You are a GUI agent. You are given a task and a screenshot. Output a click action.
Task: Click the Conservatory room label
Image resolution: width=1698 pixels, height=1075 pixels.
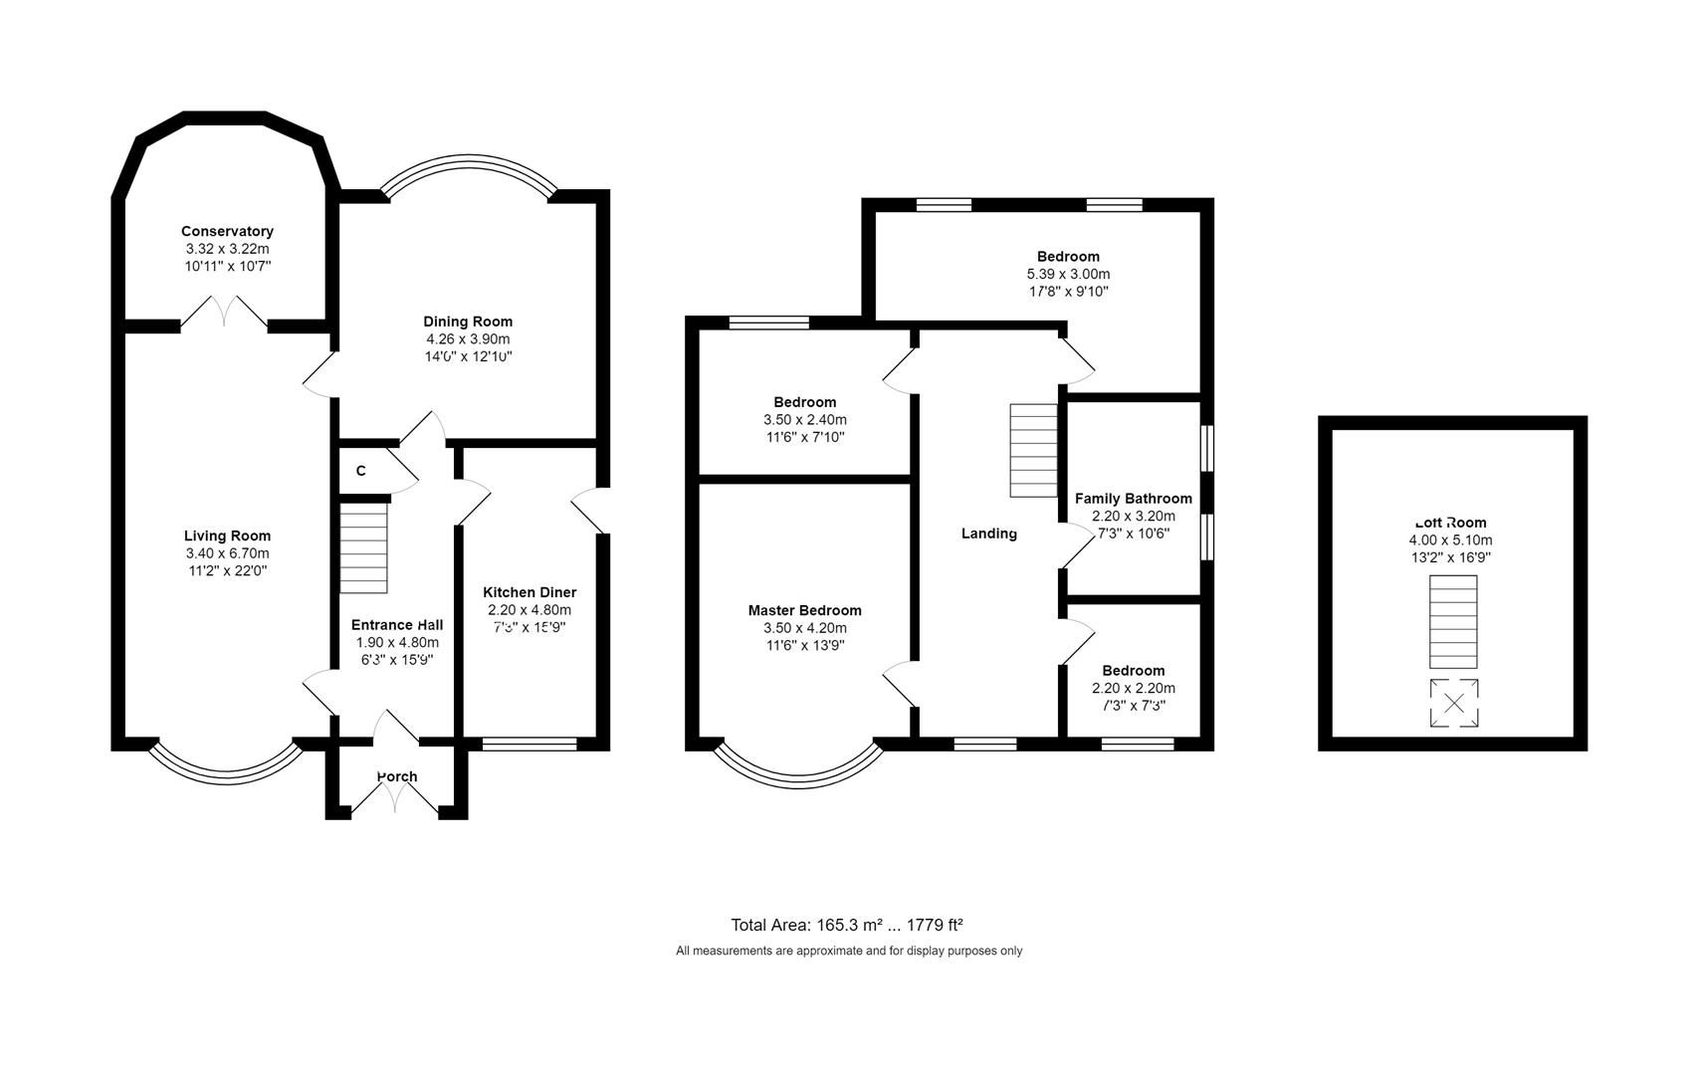227,231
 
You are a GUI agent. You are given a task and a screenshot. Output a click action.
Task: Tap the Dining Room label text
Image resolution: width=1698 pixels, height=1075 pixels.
468,322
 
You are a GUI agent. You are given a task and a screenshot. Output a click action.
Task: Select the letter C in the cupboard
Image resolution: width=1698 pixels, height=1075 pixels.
360,471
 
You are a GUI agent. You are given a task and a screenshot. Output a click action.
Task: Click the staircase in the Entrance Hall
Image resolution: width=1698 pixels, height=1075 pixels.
364,547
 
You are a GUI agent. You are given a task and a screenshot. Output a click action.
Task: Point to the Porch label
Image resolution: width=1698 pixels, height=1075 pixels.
397,776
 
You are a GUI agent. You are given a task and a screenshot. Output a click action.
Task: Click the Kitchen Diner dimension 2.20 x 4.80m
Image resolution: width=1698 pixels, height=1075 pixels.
530,610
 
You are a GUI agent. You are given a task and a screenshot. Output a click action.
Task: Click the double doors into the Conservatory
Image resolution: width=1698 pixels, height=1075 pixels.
224,312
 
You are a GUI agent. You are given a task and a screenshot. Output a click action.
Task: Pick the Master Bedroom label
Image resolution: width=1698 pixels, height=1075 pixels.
804,610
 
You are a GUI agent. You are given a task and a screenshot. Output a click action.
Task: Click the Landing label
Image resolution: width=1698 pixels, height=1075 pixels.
988,534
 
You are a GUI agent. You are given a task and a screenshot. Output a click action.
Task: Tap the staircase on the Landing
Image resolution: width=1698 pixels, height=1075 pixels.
1033,450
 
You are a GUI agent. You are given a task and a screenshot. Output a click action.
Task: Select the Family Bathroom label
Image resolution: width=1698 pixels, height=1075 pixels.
1133,499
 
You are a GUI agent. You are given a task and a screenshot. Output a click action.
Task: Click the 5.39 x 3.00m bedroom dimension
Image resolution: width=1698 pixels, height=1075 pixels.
1068,274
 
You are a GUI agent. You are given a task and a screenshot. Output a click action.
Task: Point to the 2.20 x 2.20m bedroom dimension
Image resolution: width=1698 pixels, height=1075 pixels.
1133,688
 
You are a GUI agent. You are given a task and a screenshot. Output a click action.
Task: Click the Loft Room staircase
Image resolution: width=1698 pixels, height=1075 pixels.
1453,621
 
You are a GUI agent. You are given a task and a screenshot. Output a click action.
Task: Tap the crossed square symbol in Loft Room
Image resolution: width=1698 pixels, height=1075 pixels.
1453,703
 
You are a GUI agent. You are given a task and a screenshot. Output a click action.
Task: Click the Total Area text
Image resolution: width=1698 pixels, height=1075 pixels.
847,924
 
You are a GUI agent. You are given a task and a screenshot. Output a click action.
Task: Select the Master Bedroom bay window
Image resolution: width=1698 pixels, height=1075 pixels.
798,767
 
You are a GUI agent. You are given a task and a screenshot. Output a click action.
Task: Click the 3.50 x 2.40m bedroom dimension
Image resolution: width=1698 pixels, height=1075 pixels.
804,420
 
